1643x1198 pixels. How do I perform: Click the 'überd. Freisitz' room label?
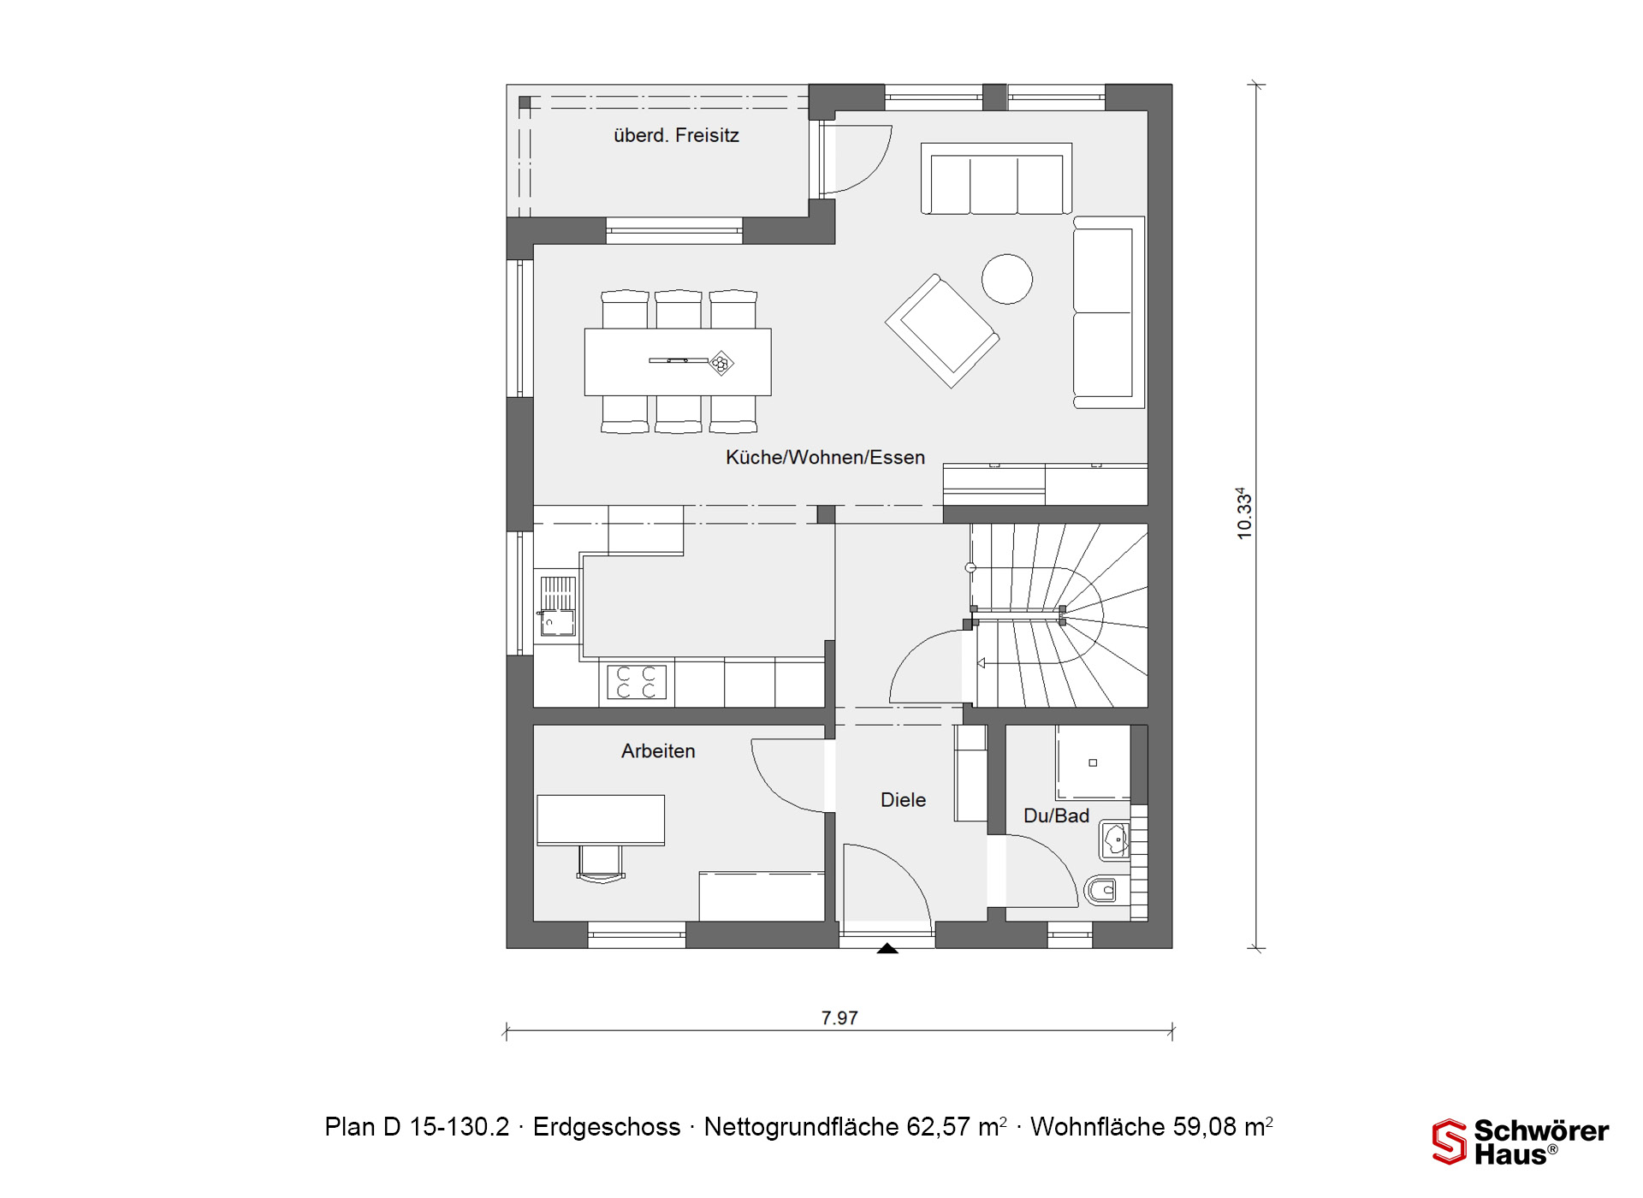coord(676,135)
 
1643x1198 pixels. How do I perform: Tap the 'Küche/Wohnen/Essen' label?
coord(825,458)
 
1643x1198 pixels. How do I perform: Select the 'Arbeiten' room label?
coord(658,751)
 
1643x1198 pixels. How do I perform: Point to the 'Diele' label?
coord(903,800)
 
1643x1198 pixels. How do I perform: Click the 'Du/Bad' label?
coord(1056,816)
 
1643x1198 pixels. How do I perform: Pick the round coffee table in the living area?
coord(1007,279)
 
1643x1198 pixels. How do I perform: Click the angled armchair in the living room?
coord(942,331)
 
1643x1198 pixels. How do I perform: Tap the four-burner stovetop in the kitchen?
coord(637,683)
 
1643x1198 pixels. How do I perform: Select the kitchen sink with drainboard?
coord(557,606)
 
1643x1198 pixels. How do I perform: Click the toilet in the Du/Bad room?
coord(1100,891)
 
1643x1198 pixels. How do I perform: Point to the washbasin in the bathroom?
coord(1115,841)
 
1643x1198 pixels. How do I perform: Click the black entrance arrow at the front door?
coord(887,948)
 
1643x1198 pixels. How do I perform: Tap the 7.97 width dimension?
coord(839,1018)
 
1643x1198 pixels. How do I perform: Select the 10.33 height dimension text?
coord(1244,513)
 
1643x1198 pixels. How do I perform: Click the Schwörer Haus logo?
coord(1521,1142)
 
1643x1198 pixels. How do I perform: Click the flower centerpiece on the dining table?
coord(721,364)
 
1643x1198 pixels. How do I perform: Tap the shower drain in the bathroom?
coord(1093,762)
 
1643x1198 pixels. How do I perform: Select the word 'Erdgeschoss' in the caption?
coord(607,1127)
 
